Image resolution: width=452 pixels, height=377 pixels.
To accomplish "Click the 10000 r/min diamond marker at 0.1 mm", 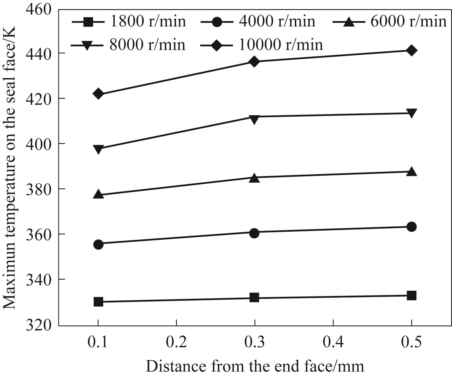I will click(x=98, y=94).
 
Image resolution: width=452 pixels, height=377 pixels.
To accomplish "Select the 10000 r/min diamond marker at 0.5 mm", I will click(x=411, y=50).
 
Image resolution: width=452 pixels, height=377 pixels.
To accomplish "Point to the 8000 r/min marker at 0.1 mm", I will click(x=98, y=149).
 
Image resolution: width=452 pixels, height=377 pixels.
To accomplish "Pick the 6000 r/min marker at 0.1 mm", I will click(x=98, y=195).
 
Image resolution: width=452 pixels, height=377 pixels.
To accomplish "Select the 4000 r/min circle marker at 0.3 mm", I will click(x=254, y=233).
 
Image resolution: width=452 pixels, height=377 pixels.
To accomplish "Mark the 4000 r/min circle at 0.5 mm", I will click(x=411, y=227).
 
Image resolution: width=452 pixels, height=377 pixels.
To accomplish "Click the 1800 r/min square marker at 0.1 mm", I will click(x=98, y=302).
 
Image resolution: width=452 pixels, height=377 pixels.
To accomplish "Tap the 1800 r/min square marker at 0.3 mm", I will click(x=254, y=298).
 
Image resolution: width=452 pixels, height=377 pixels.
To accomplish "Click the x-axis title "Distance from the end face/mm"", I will click(x=255, y=366).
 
